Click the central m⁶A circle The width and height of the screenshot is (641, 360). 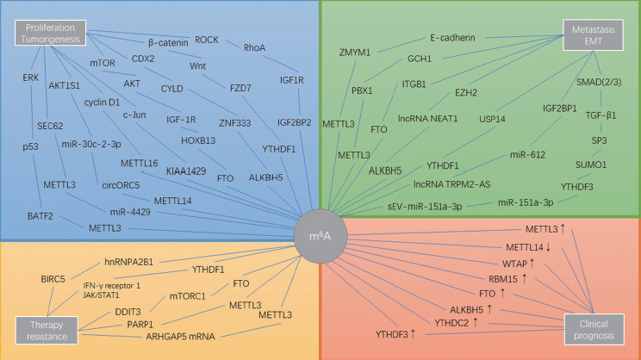[320, 236]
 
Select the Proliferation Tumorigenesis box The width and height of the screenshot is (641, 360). [50, 33]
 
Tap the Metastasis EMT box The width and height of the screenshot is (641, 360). [593, 35]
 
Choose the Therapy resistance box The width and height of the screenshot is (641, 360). [47, 330]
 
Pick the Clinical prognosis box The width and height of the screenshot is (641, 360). [594, 329]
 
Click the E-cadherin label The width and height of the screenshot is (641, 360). [452, 38]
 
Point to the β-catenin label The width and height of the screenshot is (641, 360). [168, 42]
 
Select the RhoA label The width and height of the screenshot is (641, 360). [254, 48]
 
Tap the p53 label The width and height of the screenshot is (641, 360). [30, 146]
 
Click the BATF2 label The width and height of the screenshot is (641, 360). [40, 216]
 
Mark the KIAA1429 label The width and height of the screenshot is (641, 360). [186, 171]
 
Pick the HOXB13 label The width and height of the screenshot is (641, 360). [198, 140]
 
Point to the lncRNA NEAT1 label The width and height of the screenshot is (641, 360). [427, 119]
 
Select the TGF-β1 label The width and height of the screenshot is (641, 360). [601, 115]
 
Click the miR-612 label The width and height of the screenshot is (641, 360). [527, 154]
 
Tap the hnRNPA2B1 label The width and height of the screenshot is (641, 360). [128, 262]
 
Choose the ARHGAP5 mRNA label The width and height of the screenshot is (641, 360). [180, 336]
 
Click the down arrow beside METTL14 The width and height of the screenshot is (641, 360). [548, 247]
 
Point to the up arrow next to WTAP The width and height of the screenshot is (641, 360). [532, 264]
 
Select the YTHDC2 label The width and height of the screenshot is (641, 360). [451, 323]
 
